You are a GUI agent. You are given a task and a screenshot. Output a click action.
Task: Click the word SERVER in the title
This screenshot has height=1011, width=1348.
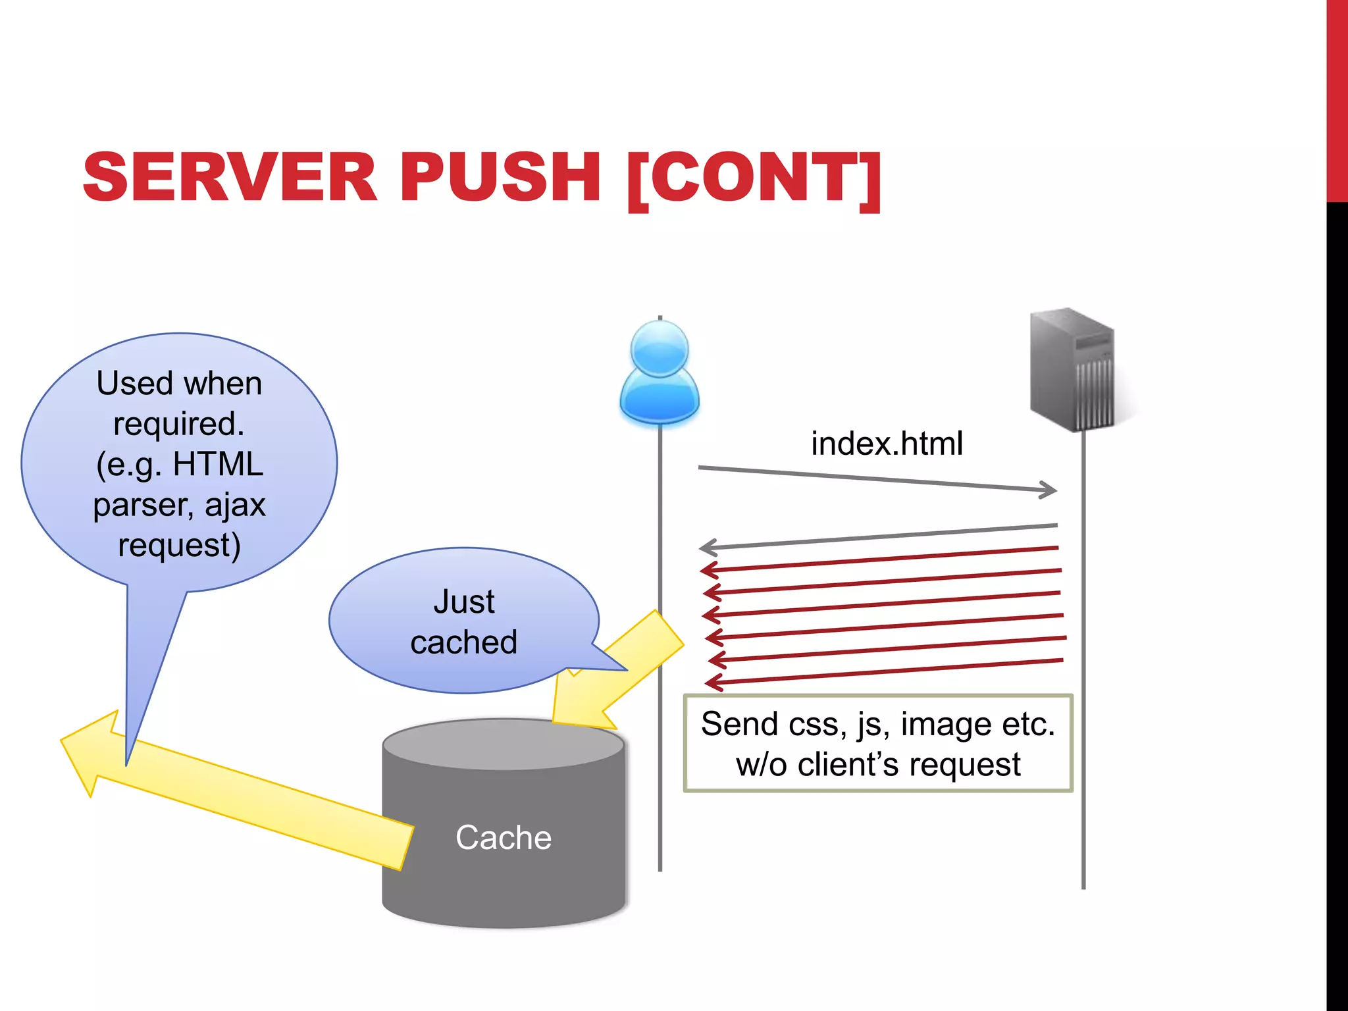(x=230, y=178)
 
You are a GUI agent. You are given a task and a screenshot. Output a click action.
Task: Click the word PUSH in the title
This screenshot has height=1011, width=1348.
(x=500, y=178)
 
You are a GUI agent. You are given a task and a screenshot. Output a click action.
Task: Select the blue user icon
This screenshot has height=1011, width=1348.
(x=660, y=373)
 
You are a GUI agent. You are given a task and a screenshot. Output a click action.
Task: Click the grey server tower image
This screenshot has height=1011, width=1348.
(x=1073, y=370)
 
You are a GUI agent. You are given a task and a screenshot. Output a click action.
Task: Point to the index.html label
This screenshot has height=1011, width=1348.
(x=887, y=443)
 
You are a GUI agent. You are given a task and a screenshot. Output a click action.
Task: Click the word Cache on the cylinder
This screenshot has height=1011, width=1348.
(x=504, y=837)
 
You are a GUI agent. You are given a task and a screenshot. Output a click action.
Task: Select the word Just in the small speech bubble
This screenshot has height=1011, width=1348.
(x=464, y=602)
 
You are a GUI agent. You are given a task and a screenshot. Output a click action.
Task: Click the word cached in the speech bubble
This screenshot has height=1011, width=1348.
(x=464, y=642)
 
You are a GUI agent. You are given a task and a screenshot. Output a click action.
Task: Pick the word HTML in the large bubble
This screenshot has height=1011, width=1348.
(x=218, y=464)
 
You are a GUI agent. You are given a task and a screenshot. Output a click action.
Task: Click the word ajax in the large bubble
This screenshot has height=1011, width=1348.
(x=235, y=505)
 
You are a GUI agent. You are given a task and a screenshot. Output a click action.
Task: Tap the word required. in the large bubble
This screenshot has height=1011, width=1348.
(x=179, y=423)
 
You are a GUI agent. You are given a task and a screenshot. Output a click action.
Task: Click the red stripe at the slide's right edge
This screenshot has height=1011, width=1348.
(x=1337, y=99)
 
